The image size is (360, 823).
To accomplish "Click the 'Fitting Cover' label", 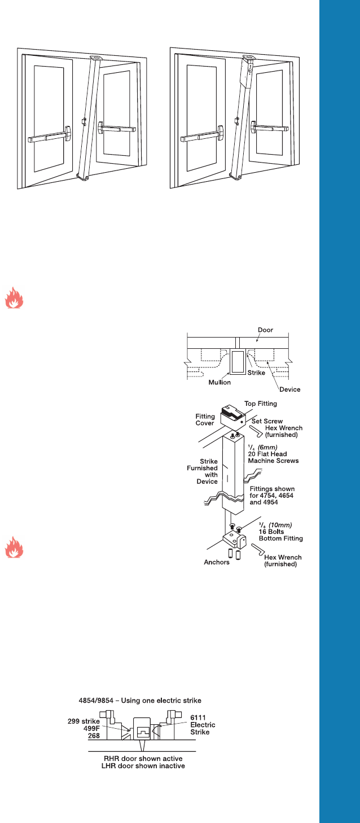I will point(205,420).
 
